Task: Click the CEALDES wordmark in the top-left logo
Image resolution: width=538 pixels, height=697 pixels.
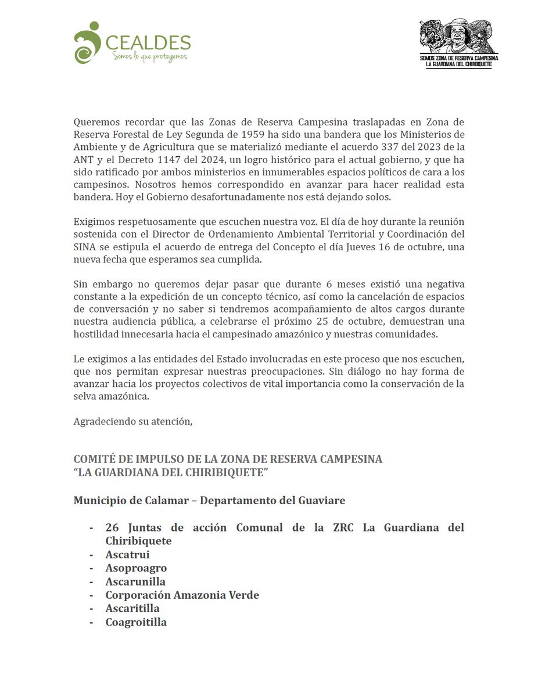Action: pos(148,42)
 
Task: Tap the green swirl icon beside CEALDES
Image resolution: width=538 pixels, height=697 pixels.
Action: pos(87,42)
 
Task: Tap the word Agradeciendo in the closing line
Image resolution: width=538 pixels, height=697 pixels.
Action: pos(102,421)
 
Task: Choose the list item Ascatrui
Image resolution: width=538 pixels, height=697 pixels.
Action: pos(127,555)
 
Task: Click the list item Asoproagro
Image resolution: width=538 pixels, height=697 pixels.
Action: pos(136,568)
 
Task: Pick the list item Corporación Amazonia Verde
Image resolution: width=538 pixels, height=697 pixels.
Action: pos(182,595)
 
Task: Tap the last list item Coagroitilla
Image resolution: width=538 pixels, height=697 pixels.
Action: pos(136,622)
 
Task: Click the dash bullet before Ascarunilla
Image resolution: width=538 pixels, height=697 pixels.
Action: pos(92,581)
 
